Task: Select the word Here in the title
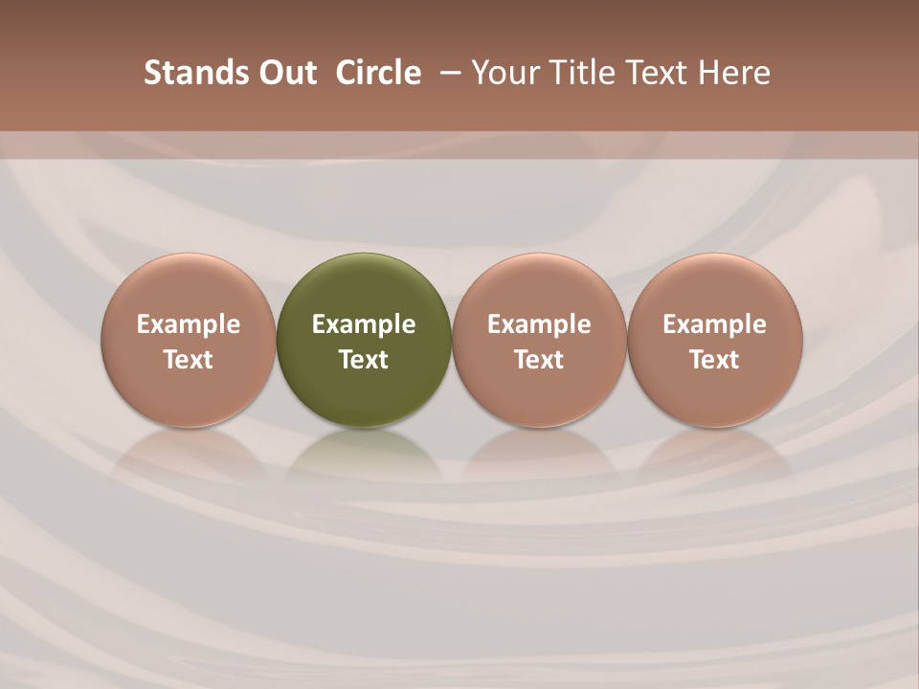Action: [x=733, y=73]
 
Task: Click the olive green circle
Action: [x=364, y=287]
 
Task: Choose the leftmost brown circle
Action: [x=188, y=287]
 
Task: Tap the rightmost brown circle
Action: [x=715, y=287]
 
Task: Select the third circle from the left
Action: [x=539, y=287]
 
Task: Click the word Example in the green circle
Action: [x=364, y=324]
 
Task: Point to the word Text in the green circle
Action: [x=364, y=360]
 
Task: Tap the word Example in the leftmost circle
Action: [x=188, y=324]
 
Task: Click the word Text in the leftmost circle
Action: [x=188, y=360]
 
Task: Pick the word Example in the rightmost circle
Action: [x=715, y=324]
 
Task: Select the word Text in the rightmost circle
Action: [x=715, y=360]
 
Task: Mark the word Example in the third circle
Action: [x=539, y=324]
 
